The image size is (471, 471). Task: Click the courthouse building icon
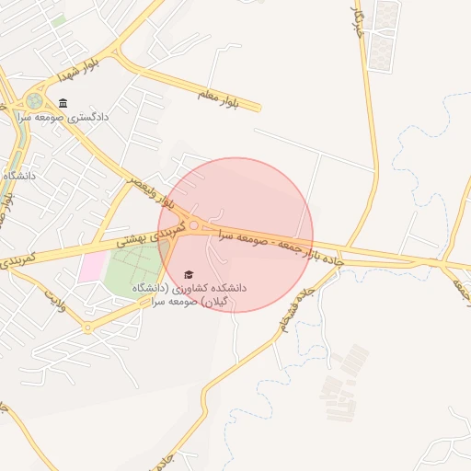[62, 103]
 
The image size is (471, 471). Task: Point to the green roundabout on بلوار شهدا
[35, 100]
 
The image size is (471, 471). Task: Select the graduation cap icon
[190, 274]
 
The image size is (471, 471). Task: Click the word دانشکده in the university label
[227, 288]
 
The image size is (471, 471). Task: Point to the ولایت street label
[57, 300]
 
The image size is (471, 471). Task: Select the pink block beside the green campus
[91, 267]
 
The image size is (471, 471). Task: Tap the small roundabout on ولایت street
[87, 327]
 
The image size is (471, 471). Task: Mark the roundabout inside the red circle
[194, 224]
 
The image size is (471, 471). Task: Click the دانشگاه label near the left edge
[18, 175]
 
